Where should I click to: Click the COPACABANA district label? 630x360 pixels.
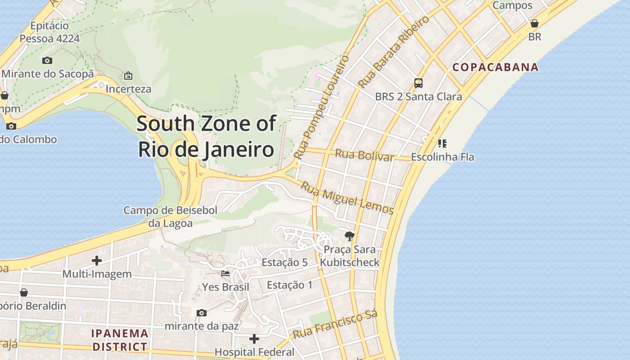495,67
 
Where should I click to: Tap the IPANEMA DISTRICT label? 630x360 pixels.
120,340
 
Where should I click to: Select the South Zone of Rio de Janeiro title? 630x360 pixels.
206,136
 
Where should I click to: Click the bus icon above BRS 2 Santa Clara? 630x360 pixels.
418,83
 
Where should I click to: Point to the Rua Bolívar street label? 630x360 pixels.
364,155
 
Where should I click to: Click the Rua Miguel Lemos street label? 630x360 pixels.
347,198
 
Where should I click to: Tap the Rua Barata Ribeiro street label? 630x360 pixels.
393,53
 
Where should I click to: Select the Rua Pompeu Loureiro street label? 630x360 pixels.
321,107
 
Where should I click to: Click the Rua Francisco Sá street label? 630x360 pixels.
335,325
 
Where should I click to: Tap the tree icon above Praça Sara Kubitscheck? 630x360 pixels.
349,236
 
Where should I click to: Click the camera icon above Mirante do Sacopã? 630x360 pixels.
47,60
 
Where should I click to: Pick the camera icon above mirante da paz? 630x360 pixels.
202,313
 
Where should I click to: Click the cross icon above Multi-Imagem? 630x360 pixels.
97,261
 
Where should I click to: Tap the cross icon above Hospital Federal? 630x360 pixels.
254,338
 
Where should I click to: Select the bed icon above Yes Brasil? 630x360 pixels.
225,273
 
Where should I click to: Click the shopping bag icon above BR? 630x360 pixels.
535,23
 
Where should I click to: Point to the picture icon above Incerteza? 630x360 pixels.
128,76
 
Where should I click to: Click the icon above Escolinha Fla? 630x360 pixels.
442,144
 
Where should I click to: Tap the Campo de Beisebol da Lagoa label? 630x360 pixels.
171,216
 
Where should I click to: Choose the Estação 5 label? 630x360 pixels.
284,262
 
